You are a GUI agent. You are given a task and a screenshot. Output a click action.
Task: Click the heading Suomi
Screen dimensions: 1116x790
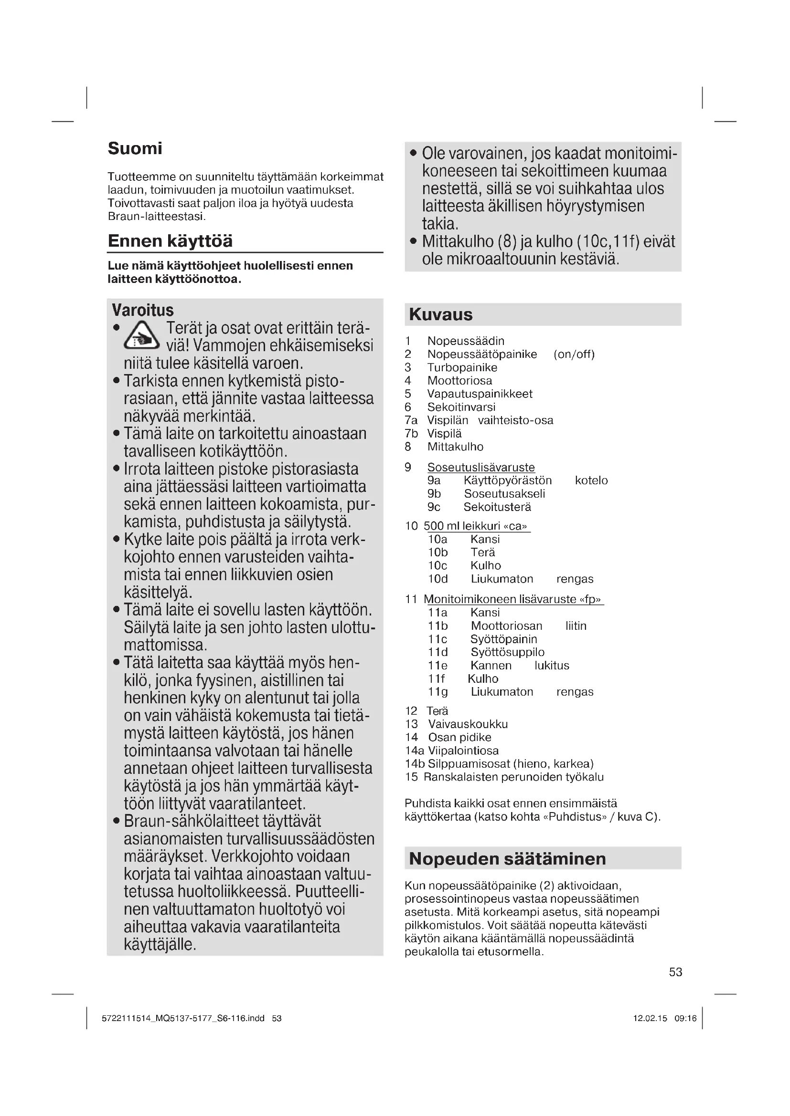coord(135,148)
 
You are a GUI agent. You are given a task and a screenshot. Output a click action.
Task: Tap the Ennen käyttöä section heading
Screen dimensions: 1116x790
coord(170,241)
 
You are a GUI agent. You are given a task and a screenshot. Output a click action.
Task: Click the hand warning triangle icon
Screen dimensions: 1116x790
coord(141,336)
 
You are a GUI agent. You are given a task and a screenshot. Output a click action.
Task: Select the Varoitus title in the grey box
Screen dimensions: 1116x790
coord(142,310)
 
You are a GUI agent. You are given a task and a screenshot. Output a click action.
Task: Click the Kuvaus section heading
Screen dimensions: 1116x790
coord(441,314)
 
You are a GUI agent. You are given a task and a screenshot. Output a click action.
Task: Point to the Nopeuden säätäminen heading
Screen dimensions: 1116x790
coord(507,859)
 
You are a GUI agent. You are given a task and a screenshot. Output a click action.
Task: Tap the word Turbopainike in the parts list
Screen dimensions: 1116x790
coord(462,367)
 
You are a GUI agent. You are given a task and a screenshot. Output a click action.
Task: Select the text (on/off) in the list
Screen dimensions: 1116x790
coord(574,355)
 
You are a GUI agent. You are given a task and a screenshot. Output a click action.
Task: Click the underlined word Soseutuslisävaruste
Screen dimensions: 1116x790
coord(481,467)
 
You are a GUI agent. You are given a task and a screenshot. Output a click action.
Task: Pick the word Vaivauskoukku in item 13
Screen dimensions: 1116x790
coord(468,724)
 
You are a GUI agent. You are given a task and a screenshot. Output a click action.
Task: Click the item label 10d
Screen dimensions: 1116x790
coord(438,579)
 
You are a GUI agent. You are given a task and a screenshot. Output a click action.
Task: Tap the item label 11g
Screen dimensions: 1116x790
coord(438,692)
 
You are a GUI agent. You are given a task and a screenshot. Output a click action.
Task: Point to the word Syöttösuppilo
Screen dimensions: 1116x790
coord(507,652)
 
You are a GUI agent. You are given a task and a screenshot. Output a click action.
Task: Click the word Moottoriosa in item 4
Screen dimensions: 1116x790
coord(459,381)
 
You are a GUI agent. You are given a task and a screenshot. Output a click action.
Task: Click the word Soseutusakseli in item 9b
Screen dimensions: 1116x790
coord(504,494)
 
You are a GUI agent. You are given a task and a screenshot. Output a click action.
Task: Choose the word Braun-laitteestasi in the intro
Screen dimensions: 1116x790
coord(156,216)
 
